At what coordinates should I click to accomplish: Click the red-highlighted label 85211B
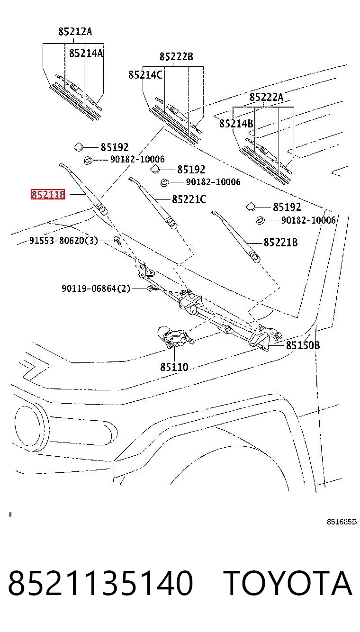(48, 194)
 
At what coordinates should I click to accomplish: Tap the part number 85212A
(75, 31)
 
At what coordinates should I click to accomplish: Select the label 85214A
(86, 53)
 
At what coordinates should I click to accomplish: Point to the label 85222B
(176, 57)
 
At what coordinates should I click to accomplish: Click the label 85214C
(145, 75)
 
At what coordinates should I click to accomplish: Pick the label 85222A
(266, 97)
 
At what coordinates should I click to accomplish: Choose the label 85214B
(236, 123)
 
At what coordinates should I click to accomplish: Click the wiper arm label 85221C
(189, 199)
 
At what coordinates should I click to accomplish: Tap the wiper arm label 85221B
(280, 243)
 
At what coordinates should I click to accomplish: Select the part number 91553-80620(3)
(64, 241)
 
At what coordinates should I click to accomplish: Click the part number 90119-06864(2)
(96, 289)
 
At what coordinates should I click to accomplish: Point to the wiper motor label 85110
(174, 367)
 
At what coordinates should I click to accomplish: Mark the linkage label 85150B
(303, 345)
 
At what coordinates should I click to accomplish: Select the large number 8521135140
(100, 583)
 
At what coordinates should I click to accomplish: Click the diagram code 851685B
(342, 522)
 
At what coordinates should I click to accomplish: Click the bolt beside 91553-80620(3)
(117, 240)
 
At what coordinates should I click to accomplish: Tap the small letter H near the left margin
(10, 515)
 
